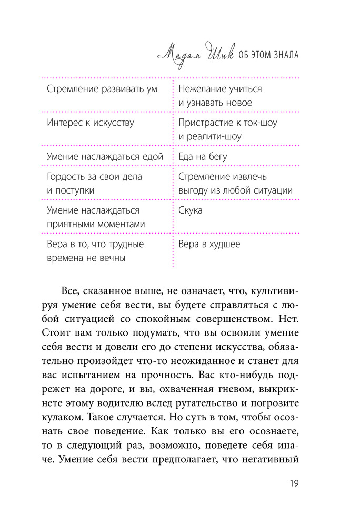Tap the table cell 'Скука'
(x=191, y=210)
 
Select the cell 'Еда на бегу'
(x=203, y=156)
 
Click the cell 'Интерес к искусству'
(x=90, y=123)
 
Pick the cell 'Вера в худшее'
(x=209, y=244)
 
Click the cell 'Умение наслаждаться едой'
(x=105, y=156)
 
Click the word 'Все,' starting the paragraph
(x=71, y=290)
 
